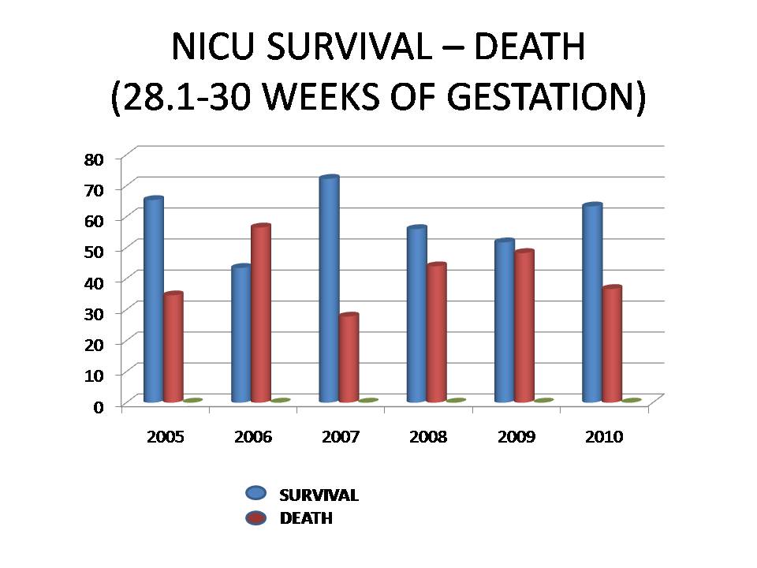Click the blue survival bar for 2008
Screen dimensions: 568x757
point(416,315)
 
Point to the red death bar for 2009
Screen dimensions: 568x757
point(524,327)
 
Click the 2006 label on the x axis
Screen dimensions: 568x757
point(253,437)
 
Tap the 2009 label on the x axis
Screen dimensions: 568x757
point(516,437)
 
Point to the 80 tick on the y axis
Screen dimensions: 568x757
point(93,159)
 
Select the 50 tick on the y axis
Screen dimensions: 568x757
point(93,251)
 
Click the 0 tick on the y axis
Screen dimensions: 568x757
point(98,406)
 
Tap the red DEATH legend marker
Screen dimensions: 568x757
point(256,518)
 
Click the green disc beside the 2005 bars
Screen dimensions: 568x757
point(193,401)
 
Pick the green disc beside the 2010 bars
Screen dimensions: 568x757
point(632,401)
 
